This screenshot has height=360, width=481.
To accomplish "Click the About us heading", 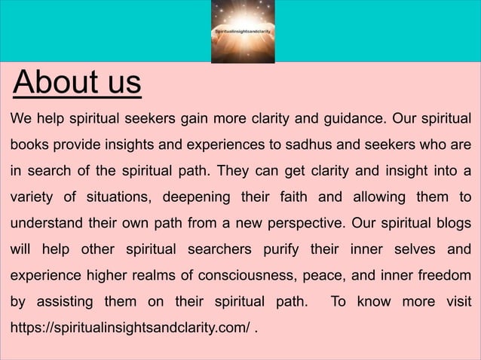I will (x=77, y=84).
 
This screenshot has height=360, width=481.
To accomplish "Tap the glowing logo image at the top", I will (x=241, y=32).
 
